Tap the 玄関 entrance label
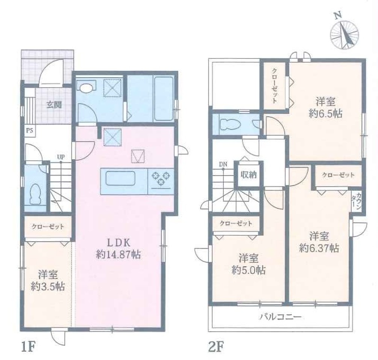point(54,105)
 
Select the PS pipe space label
point(29,131)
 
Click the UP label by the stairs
point(61,157)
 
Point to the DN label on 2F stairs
point(223,164)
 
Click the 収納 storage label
point(249,174)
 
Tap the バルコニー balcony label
point(281,317)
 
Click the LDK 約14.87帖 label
point(118,248)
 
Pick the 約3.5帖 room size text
point(48,287)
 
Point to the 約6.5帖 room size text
point(325,113)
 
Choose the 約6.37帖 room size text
point(319,248)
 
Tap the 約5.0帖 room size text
point(249,270)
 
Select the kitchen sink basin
point(120,178)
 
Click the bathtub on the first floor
point(164,99)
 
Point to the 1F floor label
point(28,347)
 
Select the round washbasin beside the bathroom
point(86,87)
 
